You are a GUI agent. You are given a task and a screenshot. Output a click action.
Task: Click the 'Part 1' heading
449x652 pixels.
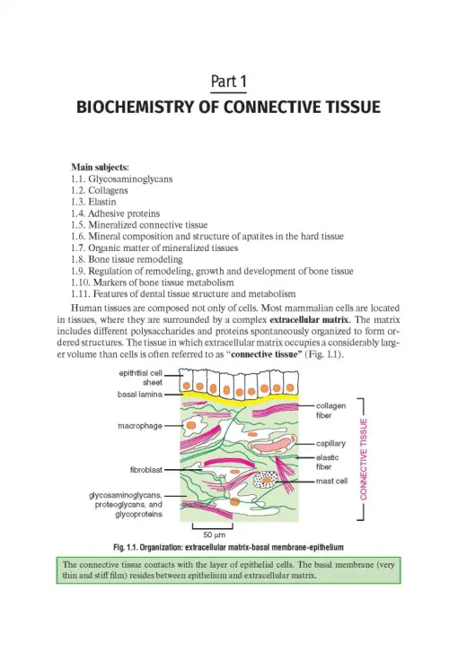pos(229,82)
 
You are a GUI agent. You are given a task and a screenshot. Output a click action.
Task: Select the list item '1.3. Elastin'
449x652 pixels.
pos(93,202)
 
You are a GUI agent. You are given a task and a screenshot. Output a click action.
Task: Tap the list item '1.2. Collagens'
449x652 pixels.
pos(99,190)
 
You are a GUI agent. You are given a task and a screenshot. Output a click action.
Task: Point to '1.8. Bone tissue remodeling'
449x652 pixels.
pos(127,259)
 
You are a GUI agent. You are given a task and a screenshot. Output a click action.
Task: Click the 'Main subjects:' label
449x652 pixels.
pos(100,167)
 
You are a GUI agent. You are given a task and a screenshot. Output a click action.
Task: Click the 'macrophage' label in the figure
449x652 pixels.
pos(140,426)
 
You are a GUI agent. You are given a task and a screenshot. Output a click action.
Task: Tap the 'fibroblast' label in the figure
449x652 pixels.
pos(146,470)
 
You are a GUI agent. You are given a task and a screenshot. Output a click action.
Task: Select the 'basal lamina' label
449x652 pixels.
pos(139,395)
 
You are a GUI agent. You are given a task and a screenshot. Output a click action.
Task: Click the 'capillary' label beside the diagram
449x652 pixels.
pos(330,444)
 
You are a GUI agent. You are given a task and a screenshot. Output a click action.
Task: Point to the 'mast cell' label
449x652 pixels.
pos(331,481)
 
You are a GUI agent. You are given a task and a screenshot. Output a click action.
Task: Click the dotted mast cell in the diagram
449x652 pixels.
pos(266,480)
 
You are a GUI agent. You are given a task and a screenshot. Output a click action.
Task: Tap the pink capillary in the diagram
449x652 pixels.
pos(272,446)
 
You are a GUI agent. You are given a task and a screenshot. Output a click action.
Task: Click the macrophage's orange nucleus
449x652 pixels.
pos(190,425)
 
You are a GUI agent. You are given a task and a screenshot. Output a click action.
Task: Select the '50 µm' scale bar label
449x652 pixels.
pos(214,535)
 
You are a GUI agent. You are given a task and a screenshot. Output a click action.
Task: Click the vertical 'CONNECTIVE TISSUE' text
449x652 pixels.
pos(364,459)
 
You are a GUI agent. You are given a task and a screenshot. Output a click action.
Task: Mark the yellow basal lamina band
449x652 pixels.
pos(239,398)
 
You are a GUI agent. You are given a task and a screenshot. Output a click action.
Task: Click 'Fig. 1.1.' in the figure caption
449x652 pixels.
pos(126,547)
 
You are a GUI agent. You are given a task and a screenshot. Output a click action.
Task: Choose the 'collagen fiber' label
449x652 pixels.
pos(330,411)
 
